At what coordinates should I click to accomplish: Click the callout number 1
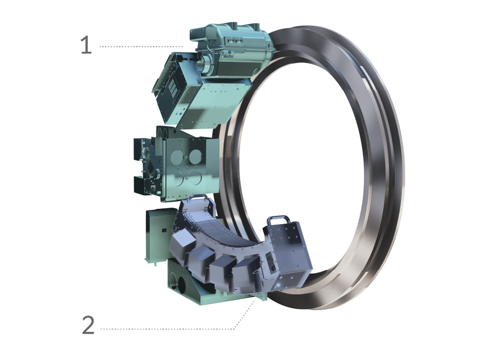(x=86, y=46)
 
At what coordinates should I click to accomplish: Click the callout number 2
(x=88, y=325)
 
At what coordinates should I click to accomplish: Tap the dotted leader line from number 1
(x=141, y=46)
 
